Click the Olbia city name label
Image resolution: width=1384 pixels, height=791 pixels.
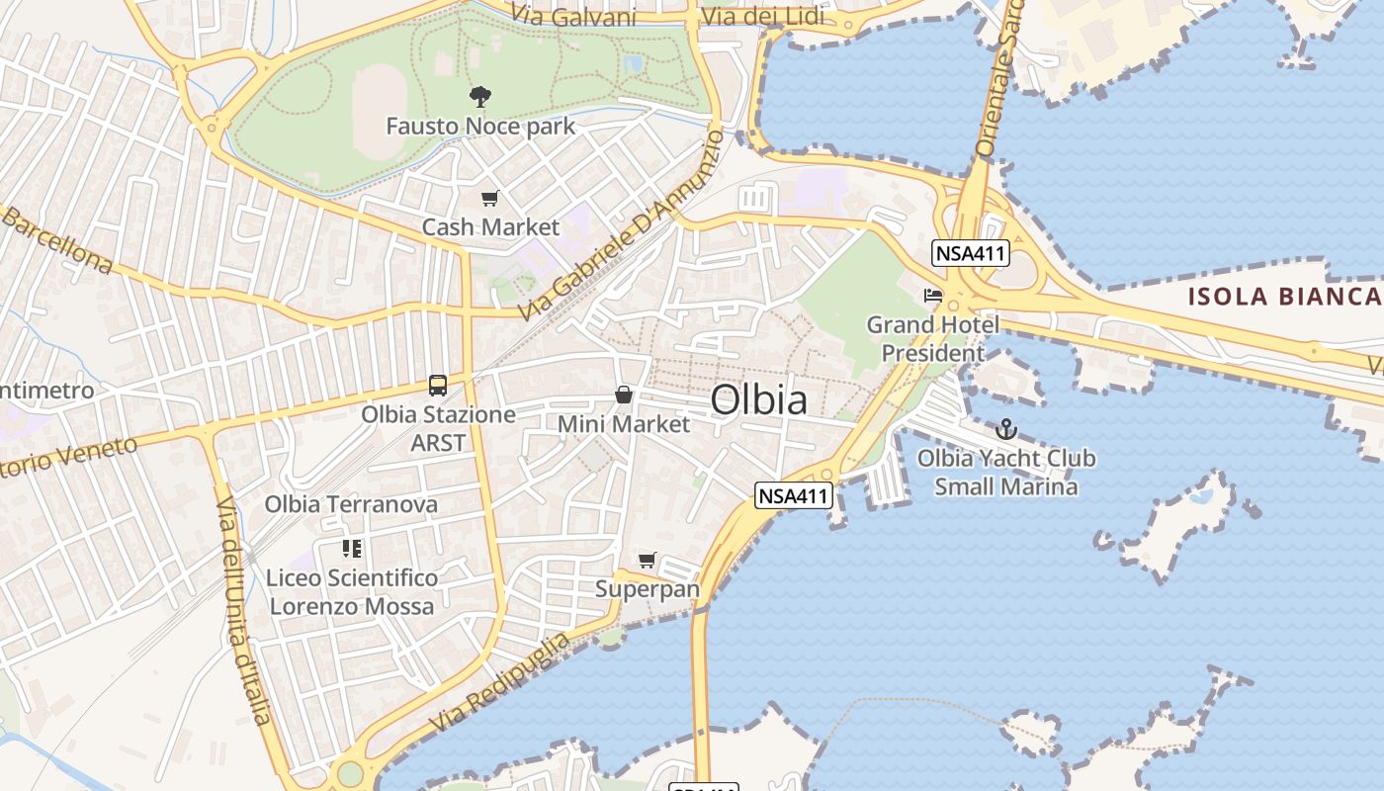tap(758, 400)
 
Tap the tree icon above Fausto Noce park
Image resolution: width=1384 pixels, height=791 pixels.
tap(480, 97)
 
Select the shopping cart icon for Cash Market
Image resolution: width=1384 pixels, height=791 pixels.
tap(490, 199)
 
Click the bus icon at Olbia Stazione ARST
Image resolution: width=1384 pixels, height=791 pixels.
tap(438, 386)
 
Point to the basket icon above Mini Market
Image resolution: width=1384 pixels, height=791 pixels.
tap(624, 395)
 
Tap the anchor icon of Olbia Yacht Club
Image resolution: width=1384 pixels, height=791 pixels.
tap(1006, 429)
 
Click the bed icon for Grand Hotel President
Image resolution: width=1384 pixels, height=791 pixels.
tap(932, 295)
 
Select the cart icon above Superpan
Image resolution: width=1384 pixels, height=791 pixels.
tap(648, 561)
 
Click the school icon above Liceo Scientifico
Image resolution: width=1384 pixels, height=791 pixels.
tap(352, 548)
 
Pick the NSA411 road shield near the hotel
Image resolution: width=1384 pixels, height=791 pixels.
tap(970, 253)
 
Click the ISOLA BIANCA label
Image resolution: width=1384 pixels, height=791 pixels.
tap(1284, 296)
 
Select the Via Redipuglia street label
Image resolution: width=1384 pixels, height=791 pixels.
tap(500, 683)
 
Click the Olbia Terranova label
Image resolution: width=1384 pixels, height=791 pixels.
tap(351, 504)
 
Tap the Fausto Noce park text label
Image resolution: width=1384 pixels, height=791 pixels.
tap(480, 127)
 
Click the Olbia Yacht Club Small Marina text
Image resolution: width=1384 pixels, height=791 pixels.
tap(1006, 473)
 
